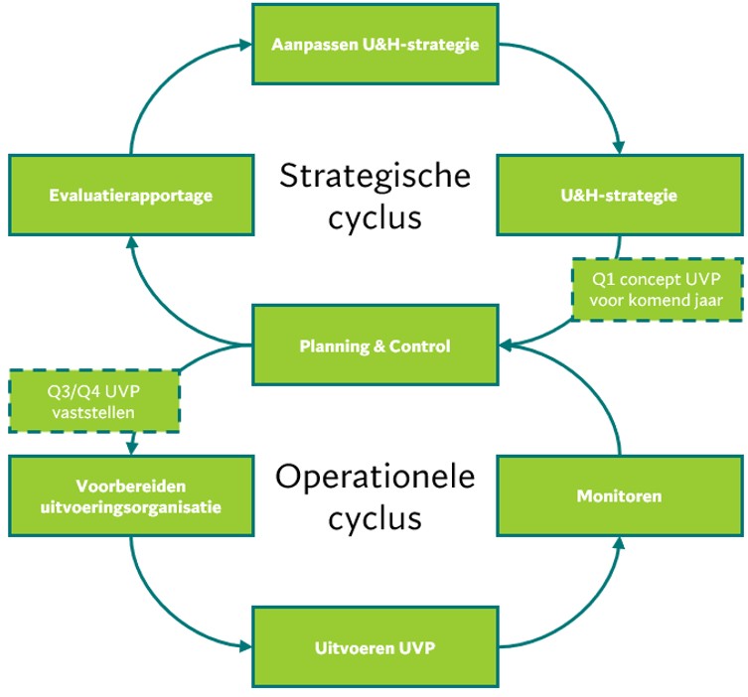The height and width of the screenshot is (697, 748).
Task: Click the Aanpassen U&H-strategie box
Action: point(374,44)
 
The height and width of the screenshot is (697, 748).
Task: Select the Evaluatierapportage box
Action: point(130,195)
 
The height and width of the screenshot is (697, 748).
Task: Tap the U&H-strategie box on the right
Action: point(619,195)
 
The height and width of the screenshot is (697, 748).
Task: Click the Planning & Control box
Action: point(374,346)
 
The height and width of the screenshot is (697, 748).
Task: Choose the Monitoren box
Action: point(619,495)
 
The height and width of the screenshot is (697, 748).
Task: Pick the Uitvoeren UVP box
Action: point(374,648)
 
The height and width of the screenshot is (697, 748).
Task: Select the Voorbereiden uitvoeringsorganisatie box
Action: point(130,495)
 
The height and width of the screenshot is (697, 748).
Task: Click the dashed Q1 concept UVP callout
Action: point(658,289)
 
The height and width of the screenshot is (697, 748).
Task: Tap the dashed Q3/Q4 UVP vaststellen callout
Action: point(94,400)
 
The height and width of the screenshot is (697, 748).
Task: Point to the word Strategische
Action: point(374,176)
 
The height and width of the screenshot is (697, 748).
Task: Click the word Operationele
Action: point(374,477)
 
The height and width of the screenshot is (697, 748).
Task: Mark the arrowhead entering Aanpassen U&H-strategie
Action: point(245,44)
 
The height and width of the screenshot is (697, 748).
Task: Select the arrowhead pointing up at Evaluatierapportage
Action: point(130,242)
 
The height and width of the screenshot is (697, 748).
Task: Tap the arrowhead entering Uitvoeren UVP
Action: point(245,648)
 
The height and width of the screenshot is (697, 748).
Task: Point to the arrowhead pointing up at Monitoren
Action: point(619,543)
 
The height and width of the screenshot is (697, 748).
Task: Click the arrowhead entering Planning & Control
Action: point(505,346)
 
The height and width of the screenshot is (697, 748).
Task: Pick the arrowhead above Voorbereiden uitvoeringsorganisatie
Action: point(130,449)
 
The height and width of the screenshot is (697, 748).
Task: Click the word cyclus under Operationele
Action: point(374,518)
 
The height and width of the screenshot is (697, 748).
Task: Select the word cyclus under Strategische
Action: point(374,217)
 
